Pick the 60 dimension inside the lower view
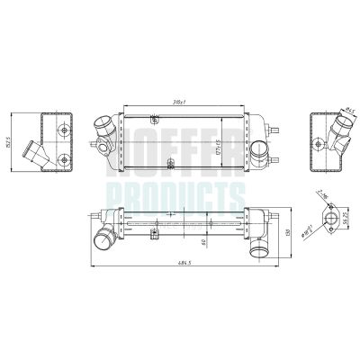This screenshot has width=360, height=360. [x=207, y=241]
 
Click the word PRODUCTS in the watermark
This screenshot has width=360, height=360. [x=175, y=194]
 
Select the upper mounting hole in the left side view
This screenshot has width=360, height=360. [x=63, y=128]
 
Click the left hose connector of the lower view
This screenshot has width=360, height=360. [x=103, y=240]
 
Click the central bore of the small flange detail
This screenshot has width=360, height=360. [x=329, y=219]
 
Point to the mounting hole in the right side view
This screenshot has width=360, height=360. [x=319, y=139]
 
